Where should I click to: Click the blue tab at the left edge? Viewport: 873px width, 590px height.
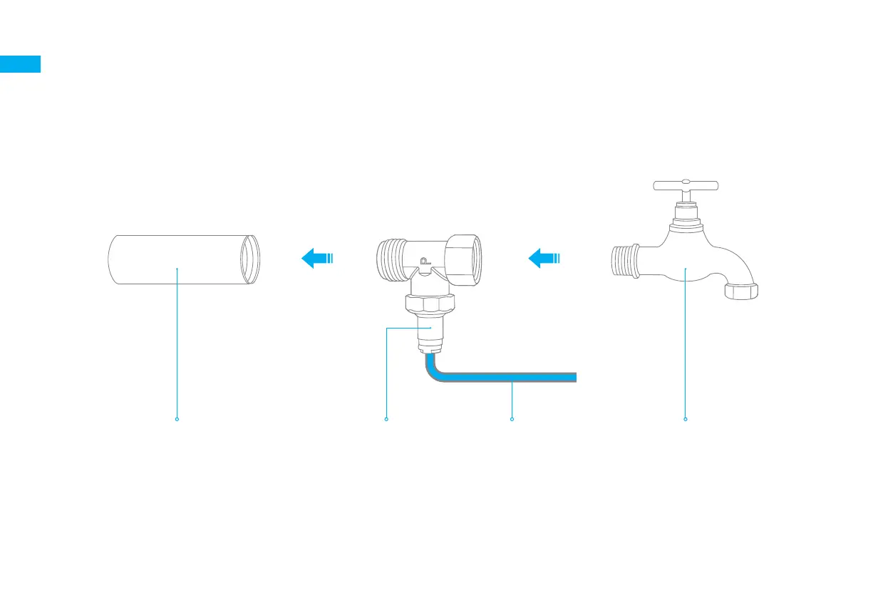20,64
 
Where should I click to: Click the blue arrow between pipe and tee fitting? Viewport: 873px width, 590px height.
316,258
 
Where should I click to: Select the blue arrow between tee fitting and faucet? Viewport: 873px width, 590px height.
544,258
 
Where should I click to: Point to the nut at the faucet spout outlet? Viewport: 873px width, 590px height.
741,291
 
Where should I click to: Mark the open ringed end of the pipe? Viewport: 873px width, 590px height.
250,259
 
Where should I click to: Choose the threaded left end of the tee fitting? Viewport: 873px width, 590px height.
387,260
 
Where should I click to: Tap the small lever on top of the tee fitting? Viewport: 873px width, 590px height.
425,263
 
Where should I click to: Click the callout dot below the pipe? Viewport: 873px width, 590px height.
177,419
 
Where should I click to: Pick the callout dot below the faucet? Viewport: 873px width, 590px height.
686,419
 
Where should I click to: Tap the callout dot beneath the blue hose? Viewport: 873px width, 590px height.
512,419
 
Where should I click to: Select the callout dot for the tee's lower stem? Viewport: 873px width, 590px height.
386,419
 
